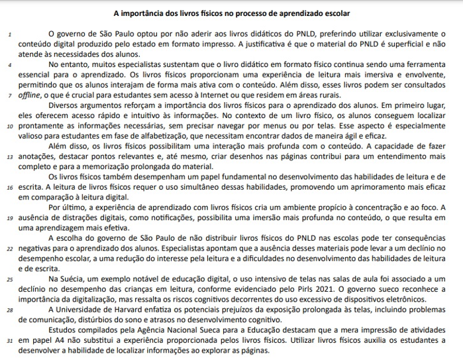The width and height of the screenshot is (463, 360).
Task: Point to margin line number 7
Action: [x=9, y=95]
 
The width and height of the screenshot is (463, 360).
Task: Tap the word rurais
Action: [x=329, y=95]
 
